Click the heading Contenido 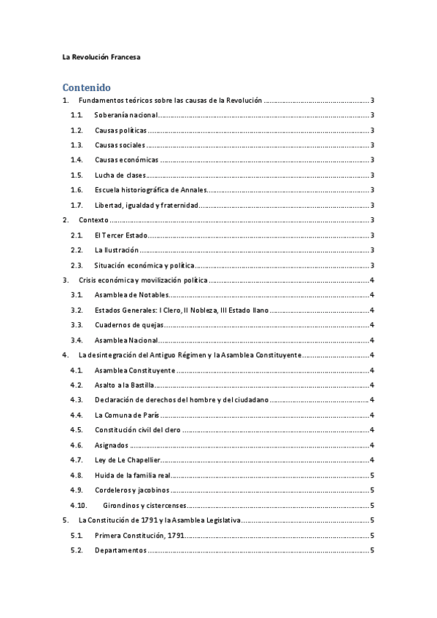point(86,85)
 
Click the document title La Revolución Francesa point(101,56)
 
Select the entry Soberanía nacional point(125,115)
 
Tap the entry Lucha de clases point(120,175)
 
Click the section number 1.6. point(77,189)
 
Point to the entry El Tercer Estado point(120,235)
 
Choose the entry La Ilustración point(117,250)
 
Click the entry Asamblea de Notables point(131,294)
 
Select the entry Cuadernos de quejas point(130,325)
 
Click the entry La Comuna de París point(127,415)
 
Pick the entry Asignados point(112,445)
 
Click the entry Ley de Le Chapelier point(127,460)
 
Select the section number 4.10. point(79,504)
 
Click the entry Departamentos point(120,549)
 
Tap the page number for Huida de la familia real point(373,474)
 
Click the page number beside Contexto point(373,219)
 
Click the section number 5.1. point(77,535)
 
